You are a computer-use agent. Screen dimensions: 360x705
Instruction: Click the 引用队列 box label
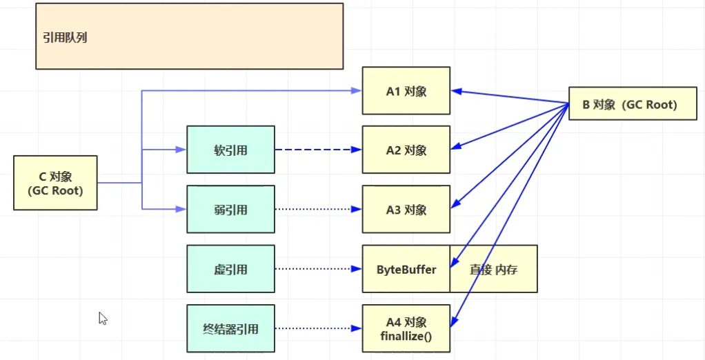[x=65, y=38]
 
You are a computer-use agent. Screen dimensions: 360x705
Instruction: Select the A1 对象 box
[x=406, y=90]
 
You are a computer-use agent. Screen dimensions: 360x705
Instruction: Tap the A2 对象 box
[x=406, y=150]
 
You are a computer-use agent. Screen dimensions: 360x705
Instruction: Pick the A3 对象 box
[x=406, y=210]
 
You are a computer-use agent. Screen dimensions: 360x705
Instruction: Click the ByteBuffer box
[x=406, y=270]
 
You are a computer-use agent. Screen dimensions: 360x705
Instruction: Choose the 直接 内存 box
[x=493, y=270]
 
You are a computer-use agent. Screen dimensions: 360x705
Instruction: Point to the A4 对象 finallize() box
[x=406, y=329]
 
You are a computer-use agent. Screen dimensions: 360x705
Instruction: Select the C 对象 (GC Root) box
[x=55, y=183]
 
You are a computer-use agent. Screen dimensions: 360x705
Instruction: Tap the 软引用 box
[x=230, y=150]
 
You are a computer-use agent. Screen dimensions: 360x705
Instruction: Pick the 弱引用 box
[x=230, y=210]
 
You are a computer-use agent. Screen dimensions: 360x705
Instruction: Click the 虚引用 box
[x=230, y=270]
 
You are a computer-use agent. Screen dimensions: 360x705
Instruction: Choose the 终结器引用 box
[x=230, y=329]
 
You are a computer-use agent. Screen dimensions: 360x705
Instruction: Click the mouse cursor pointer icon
[x=103, y=318]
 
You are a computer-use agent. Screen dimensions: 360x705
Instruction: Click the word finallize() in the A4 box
[x=406, y=336]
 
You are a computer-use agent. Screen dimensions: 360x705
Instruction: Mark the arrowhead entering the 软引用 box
[x=182, y=150]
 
